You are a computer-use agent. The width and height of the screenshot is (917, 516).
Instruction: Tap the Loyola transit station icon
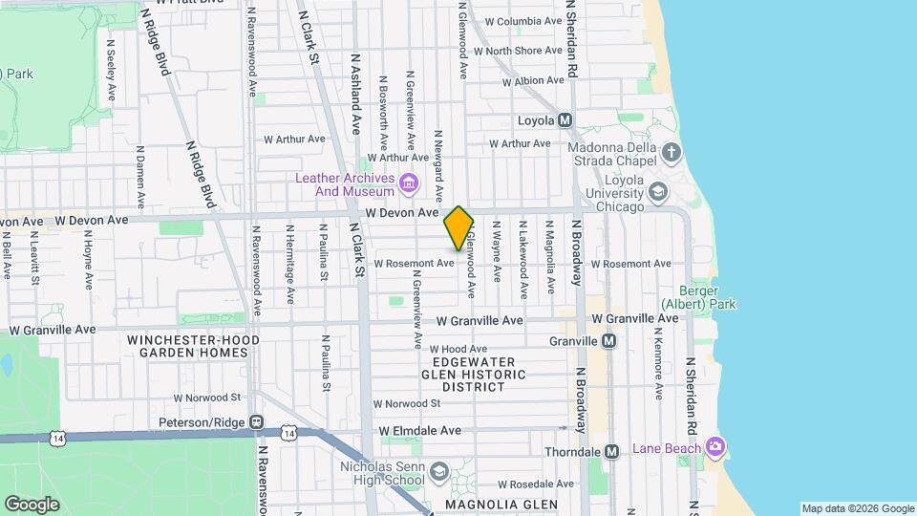(565, 120)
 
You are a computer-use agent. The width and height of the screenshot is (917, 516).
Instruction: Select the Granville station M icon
(608, 341)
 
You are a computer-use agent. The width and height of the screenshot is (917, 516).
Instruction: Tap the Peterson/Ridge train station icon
(255, 421)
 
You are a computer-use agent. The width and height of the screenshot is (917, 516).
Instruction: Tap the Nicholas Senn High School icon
(437, 472)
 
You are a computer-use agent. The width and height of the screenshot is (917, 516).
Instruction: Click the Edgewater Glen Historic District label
(474, 375)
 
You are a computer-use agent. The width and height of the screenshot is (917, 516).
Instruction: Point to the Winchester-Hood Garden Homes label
(187, 346)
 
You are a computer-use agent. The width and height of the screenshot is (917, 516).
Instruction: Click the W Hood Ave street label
(458, 350)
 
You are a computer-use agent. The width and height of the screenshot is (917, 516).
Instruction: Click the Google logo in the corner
(32, 504)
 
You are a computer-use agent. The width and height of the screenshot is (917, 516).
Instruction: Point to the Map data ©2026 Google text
(857, 508)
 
